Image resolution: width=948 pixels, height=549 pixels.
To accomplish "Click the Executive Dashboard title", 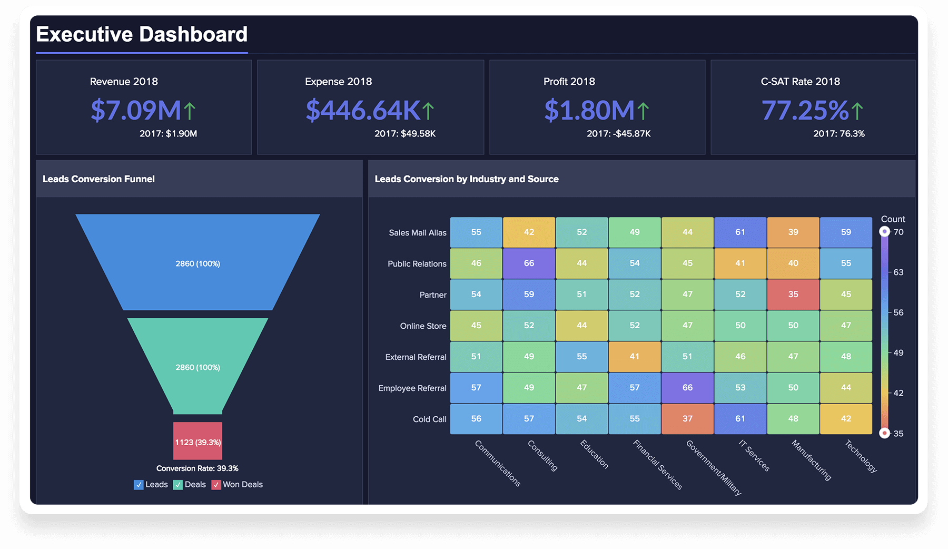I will click(x=142, y=35).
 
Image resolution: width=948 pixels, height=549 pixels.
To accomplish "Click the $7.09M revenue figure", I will click(x=135, y=111).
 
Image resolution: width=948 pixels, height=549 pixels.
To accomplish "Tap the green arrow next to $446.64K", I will click(x=428, y=111).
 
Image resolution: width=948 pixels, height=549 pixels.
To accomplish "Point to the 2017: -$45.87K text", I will click(x=619, y=134).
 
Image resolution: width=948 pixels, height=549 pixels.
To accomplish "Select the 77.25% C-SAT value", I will click(x=805, y=111).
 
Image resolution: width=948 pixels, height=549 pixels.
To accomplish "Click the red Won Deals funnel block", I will click(x=197, y=441).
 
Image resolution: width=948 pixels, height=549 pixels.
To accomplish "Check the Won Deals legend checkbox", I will click(x=216, y=485).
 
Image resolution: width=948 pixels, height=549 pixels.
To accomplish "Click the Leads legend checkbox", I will click(x=139, y=485).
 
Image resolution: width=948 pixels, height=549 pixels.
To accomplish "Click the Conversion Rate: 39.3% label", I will click(x=197, y=468).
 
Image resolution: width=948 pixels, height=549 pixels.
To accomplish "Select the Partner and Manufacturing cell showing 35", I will click(x=793, y=295).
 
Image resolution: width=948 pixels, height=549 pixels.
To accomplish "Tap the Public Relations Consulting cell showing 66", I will click(x=529, y=263).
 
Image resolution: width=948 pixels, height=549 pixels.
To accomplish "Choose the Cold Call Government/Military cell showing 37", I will click(x=687, y=419).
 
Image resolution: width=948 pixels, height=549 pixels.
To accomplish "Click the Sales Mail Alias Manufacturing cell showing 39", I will click(x=793, y=232).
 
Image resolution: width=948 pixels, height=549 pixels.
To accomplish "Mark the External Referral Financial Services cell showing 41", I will click(x=635, y=357).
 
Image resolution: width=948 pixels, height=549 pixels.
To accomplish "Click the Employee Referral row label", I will click(x=412, y=388).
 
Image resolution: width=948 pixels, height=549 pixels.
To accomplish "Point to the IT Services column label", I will click(x=754, y=455).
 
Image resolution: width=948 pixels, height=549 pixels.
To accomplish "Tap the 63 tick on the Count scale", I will click(x=898, y=272).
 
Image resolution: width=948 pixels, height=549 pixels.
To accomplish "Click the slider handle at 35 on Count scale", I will click(x=885, y=433).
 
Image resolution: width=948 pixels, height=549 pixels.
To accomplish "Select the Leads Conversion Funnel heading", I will click(x=98, y=179).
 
